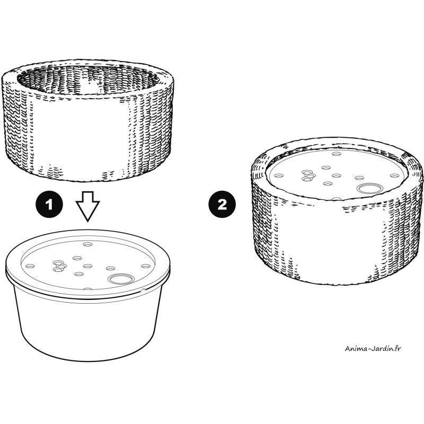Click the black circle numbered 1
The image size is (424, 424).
click(49, 205)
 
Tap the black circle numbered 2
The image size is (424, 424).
click(222, 205)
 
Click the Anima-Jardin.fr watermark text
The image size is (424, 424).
click(373, 348)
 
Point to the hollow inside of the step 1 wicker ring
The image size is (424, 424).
click(88, 80)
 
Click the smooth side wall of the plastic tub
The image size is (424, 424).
click(88, 324)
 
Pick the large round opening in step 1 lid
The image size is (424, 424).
click(121, 279)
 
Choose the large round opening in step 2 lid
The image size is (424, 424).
click(369, 188)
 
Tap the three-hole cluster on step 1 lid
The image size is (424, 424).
click(59, 266)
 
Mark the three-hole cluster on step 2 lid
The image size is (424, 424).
click(308, 175)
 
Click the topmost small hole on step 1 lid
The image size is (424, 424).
click(87, 244)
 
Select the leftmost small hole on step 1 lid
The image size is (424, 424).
click(30, 267)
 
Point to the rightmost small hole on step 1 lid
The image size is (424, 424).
click(146, 267)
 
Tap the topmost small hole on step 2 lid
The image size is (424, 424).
click(337, 154)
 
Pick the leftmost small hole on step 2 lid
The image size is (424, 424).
click(279, 176)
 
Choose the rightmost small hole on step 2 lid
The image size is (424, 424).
click(395, 176)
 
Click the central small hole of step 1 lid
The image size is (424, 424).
click(87, 267)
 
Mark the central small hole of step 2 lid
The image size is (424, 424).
click(337, 176)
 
